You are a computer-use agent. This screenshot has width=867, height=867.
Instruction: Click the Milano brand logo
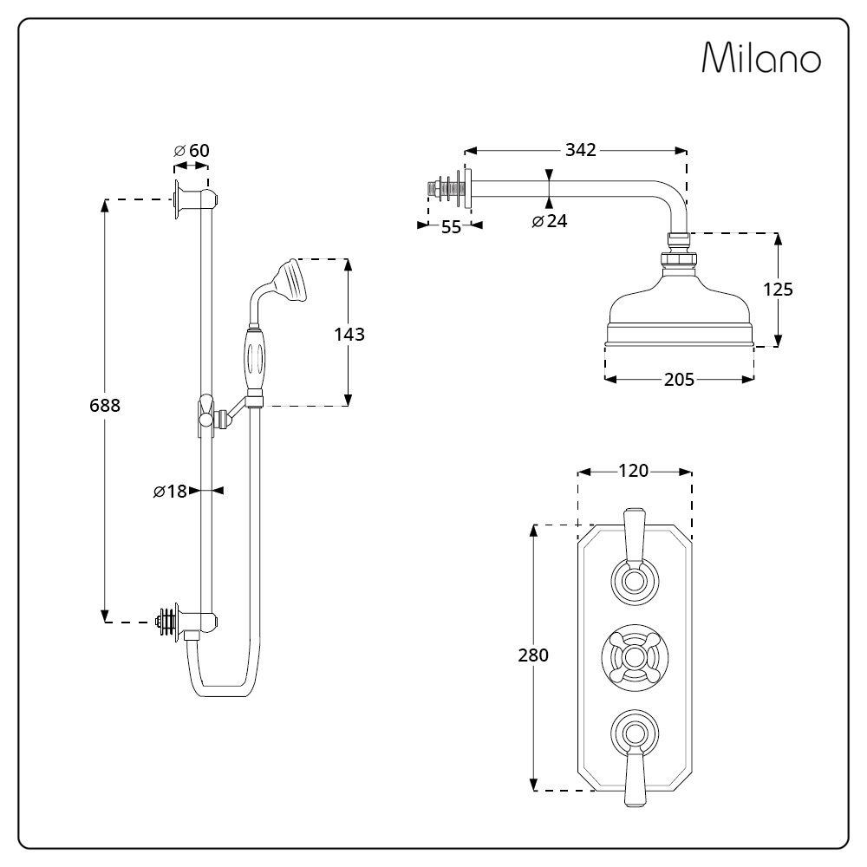coord(761,59)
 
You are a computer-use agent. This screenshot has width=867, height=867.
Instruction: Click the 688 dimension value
coord(104,406)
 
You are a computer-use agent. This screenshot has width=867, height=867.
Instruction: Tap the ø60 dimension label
coord(192,151)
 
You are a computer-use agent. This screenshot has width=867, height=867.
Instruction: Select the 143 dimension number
coord(349,335)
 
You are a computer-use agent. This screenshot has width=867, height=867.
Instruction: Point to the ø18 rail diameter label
coord(171,492)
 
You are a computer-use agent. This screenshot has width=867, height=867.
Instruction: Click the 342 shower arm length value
coord(580,150)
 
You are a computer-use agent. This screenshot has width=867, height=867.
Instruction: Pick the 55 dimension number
coord(451,227)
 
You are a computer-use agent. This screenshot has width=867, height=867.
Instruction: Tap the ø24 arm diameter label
coord(550,221)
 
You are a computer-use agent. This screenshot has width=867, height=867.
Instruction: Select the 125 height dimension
coord(778,290)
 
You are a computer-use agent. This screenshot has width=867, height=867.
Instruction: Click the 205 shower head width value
coord(679,380)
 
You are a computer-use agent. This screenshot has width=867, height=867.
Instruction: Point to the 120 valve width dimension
coord(634,471)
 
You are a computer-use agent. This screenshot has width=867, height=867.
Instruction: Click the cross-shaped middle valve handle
coord(635,656)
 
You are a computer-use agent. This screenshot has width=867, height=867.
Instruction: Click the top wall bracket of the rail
coord(192,199)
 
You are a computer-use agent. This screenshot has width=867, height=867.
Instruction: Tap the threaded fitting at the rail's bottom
coord(165,621)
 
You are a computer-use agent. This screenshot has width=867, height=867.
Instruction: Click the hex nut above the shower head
coord(679,257)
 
